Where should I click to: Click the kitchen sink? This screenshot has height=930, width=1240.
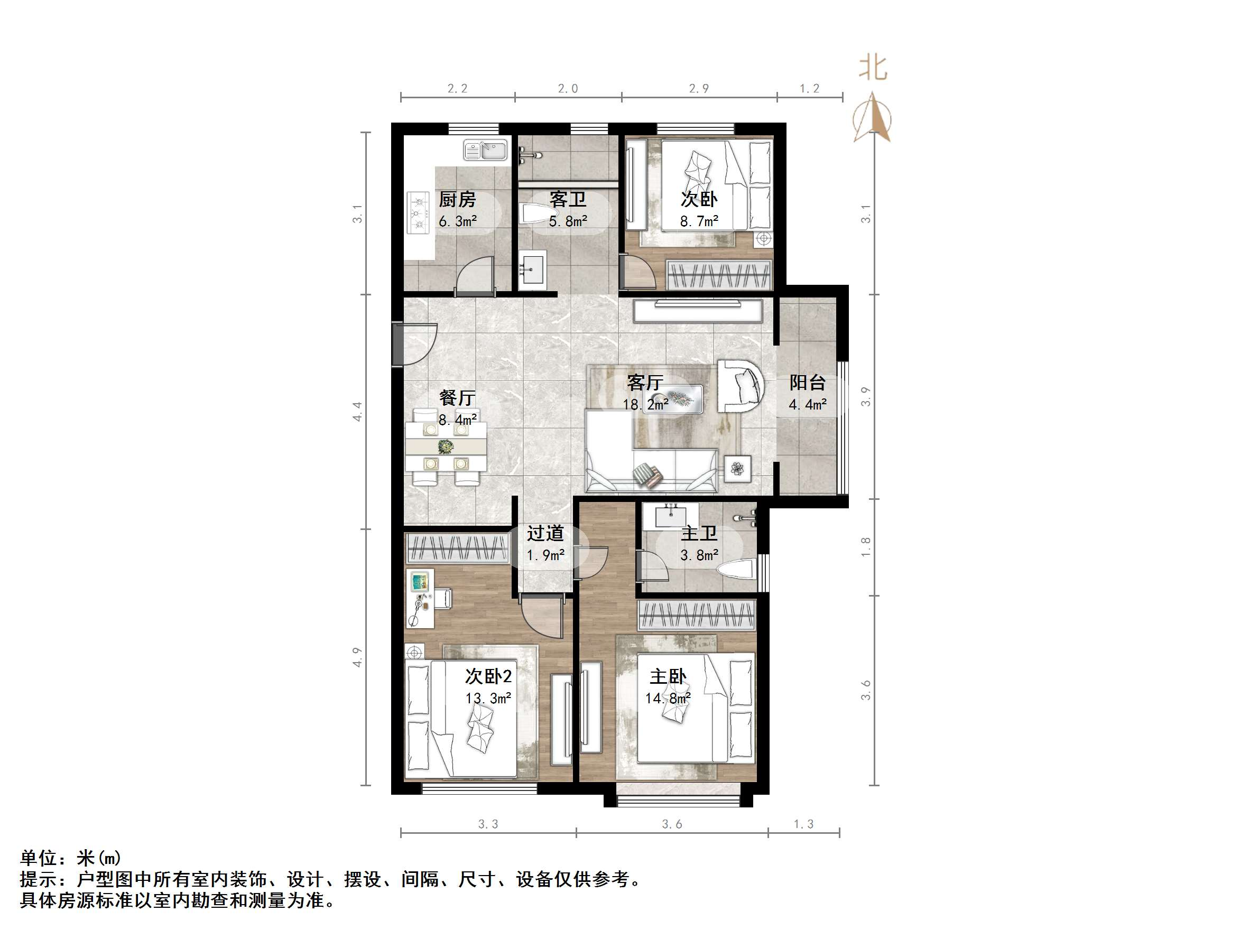[x=485, y=150]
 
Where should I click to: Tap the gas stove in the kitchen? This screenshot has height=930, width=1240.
[x=417, y=213]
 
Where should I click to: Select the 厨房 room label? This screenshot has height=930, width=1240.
[x=457, y=200]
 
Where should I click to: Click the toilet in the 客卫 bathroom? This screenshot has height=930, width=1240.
[x=536, y=213]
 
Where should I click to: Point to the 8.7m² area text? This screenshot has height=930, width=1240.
[x=699, y=221]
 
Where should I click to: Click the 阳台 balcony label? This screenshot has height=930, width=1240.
[x=807, y=383]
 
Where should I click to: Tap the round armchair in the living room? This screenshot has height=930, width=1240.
[x=741, y=386]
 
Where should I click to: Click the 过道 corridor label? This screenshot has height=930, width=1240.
[x=545, y=533]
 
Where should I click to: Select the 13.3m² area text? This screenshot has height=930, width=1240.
[x=488, y=699]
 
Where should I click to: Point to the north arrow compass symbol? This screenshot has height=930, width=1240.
[x=872, y=118]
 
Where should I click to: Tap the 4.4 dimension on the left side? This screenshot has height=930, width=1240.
[x=357, y=412]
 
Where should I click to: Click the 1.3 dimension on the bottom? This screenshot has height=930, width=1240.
[x=803, y=824]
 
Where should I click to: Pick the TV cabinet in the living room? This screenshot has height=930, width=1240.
[x=698, y=311]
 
